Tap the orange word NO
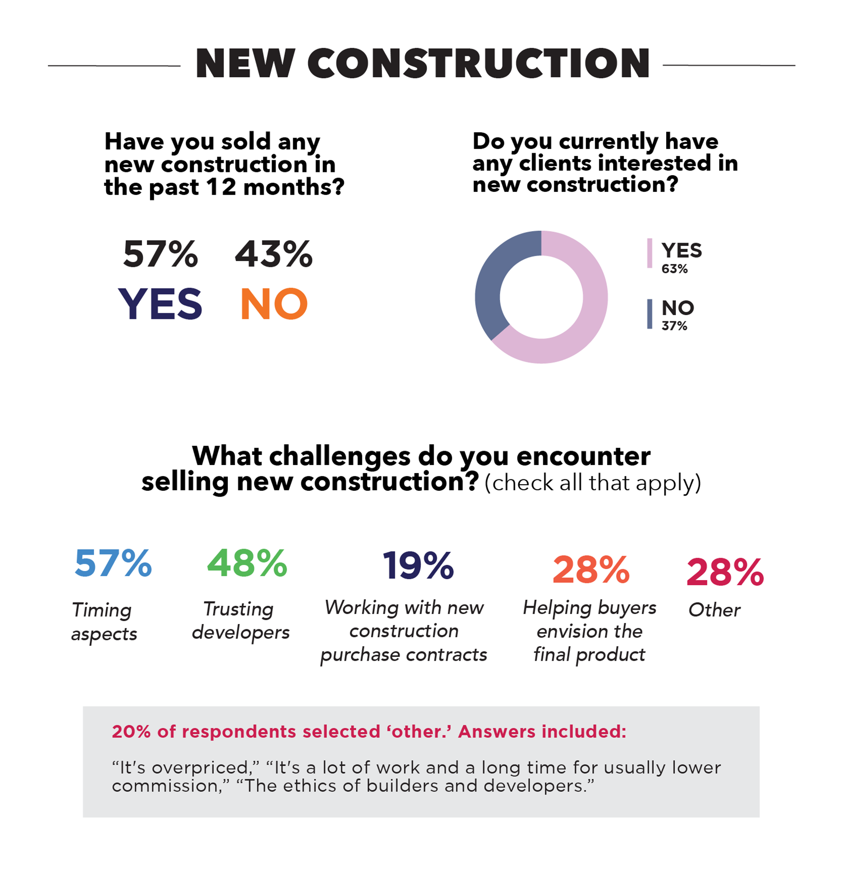(274, 304)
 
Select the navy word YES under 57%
(160, 304)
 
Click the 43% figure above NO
(274, 254)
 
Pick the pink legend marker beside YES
(650, 254)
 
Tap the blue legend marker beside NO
(650, 314)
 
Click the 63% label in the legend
(674, 269)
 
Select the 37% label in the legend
(674, 326)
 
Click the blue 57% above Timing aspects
(113, 563)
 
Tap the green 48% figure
(247, 563)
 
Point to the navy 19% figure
(418, 566)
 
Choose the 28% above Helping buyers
(591, 570)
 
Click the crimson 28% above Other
(725, 572)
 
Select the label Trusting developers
(240, 621)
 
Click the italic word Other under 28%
(714, 610)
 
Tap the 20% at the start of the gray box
(131, 732)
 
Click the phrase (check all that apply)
(593, 483)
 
